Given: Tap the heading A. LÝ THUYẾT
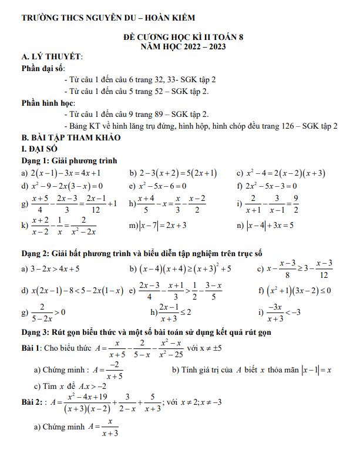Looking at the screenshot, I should [52, 56].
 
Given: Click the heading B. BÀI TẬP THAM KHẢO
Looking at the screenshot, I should [70, 137].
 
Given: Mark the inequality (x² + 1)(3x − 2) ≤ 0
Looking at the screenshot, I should [299, 290].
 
